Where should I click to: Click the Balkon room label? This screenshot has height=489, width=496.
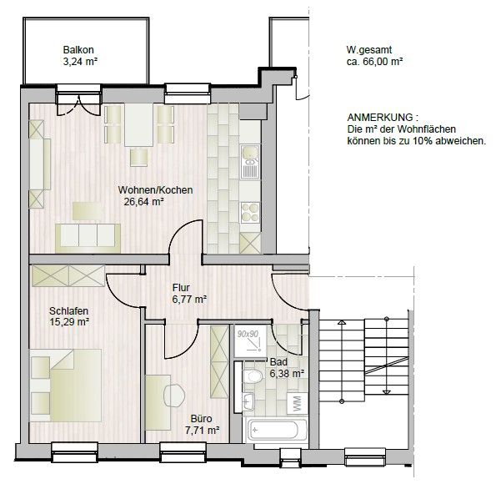tap(78, 48)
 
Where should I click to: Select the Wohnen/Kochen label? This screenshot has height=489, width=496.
tap(155, 189)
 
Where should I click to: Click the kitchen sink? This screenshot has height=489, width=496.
tap(249, 163)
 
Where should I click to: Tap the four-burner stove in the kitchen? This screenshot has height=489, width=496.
tap(249, 210)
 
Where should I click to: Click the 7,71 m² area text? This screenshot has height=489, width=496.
tap(201, 431)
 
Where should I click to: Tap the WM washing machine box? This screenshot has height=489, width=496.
tap(296, 404)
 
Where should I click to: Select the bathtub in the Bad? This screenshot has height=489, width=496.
tap(278, 431)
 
